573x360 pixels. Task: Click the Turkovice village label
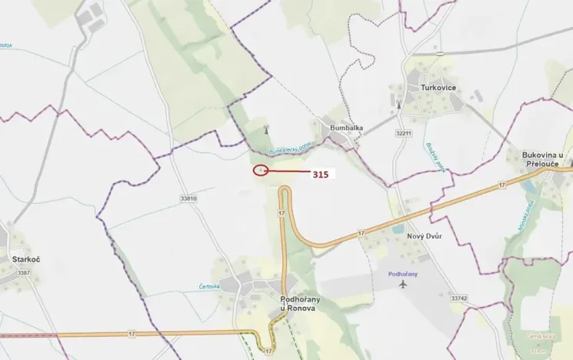tap(438, 88)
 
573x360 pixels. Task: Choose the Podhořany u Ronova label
tap(293, 303)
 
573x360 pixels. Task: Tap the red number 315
tap(320, 175)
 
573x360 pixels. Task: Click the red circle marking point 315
tap(261, 170)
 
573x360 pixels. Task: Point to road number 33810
tap(188, 198)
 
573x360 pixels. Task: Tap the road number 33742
tap(459, 298)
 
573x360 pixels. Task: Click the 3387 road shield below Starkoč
tap(24, 272)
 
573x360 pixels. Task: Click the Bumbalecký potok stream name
tap(289, 148)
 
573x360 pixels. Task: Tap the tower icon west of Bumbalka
tap(266, 129)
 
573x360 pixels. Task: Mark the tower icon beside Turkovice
tap(398, 104)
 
